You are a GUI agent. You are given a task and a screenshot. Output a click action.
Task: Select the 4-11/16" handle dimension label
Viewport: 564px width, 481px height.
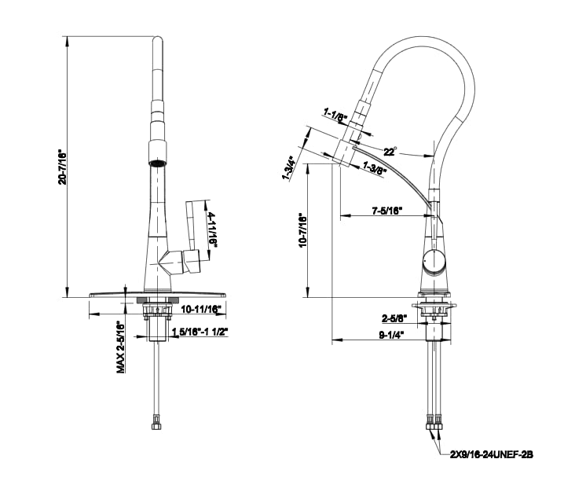coord(212,228)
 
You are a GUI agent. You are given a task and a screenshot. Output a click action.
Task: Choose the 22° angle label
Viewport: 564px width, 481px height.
coord(390,151)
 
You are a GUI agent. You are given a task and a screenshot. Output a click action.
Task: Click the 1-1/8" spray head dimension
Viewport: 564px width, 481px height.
coord(335,116)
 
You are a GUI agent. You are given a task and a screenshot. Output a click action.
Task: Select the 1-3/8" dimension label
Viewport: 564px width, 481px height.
coord(375,167)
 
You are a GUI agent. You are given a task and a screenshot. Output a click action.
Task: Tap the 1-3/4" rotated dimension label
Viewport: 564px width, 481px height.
coord(287,168)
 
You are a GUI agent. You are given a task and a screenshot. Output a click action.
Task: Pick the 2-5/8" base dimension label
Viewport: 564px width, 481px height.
coord(394,318)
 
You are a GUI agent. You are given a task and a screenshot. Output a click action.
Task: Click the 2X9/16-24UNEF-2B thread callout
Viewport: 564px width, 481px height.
coord(491,453)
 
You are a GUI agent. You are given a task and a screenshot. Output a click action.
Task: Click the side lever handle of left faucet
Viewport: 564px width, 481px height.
coord(196,236)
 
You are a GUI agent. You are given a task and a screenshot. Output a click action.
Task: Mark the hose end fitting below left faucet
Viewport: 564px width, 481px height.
coord(156,425)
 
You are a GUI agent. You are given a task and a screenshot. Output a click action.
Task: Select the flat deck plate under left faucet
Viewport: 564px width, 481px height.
coord(157,292)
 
